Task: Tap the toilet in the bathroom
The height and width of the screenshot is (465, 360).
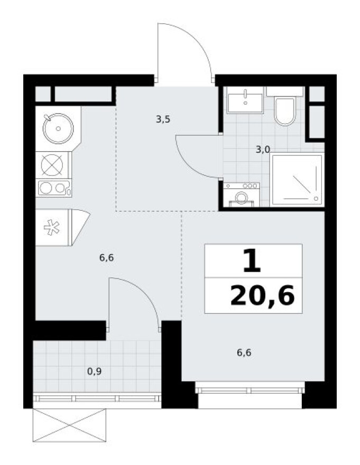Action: point(285,110)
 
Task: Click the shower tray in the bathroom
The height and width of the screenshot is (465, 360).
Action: point(296,180)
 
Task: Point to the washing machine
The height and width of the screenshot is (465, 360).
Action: point(241,194)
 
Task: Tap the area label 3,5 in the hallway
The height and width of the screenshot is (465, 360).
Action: point(163,119)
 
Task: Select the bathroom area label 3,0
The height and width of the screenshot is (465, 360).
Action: point(263,150)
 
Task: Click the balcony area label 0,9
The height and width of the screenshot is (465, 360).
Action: point(94,371)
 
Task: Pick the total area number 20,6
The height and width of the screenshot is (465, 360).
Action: point(262,297)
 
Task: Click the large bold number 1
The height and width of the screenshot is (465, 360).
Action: point(252,261)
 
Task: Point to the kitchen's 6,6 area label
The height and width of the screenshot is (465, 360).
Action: point(107,258)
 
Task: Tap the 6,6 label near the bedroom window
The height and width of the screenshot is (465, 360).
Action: point(243,352)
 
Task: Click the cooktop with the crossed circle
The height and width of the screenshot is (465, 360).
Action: point(52,165)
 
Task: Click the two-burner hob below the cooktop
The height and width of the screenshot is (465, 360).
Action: point(53,188)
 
